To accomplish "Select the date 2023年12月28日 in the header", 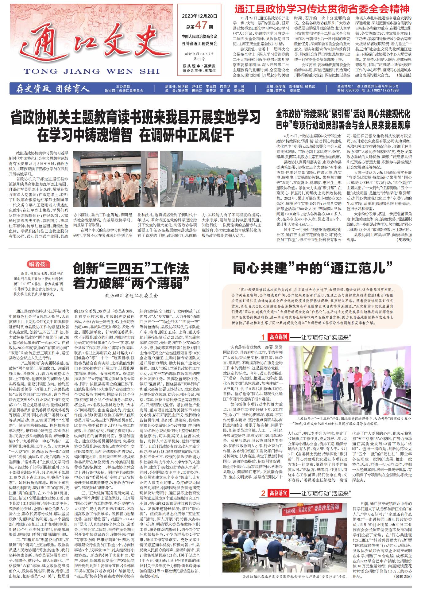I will pos(199,16).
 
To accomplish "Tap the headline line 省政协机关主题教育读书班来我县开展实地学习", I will pos(136,118).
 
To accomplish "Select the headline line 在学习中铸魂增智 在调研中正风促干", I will pos(136,134).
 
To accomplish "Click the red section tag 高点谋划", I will pos(278,337).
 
